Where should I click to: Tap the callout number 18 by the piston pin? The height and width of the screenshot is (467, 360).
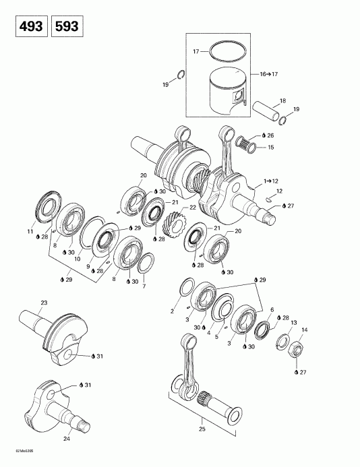[x=282, y=100]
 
